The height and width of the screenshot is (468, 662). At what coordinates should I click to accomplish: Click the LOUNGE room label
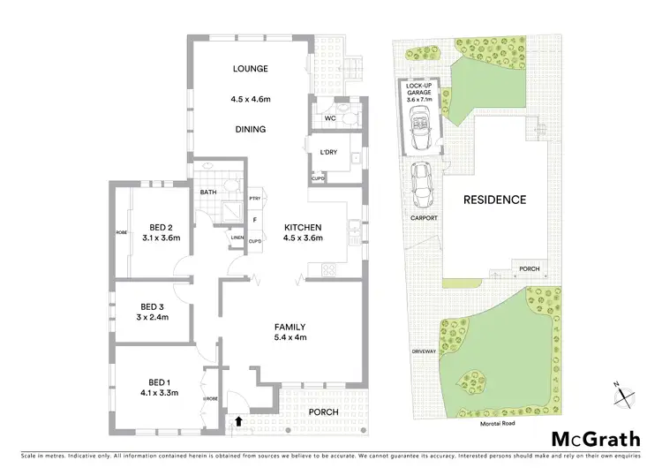point(250,69)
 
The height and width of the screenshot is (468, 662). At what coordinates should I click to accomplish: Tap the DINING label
point(250,129)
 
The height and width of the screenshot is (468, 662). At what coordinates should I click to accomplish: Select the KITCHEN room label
point(302,227)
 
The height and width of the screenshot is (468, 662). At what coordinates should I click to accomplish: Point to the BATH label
point(208,192)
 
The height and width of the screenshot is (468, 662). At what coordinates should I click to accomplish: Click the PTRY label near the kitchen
point(254,199)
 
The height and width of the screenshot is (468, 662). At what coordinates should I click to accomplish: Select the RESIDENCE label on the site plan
point(495,200)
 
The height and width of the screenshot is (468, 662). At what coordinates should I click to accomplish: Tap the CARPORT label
point(424,217)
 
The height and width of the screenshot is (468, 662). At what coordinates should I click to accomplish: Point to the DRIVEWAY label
point(424,351)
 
